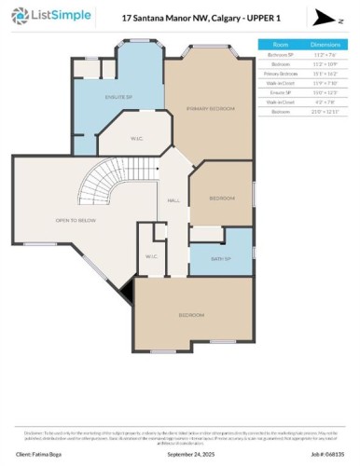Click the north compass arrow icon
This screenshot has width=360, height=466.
pyautogui.click(x=322, y=17)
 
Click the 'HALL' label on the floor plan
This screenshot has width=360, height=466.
pyautogui.click(x=173, y=200)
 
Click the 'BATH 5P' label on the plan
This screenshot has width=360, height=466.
pyautogui.click(x=221, y=258)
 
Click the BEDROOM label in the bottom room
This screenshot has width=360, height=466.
pyautogui.click(x=192, y=315)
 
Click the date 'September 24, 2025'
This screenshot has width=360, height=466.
pyautogui.click(x=189, y=455)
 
